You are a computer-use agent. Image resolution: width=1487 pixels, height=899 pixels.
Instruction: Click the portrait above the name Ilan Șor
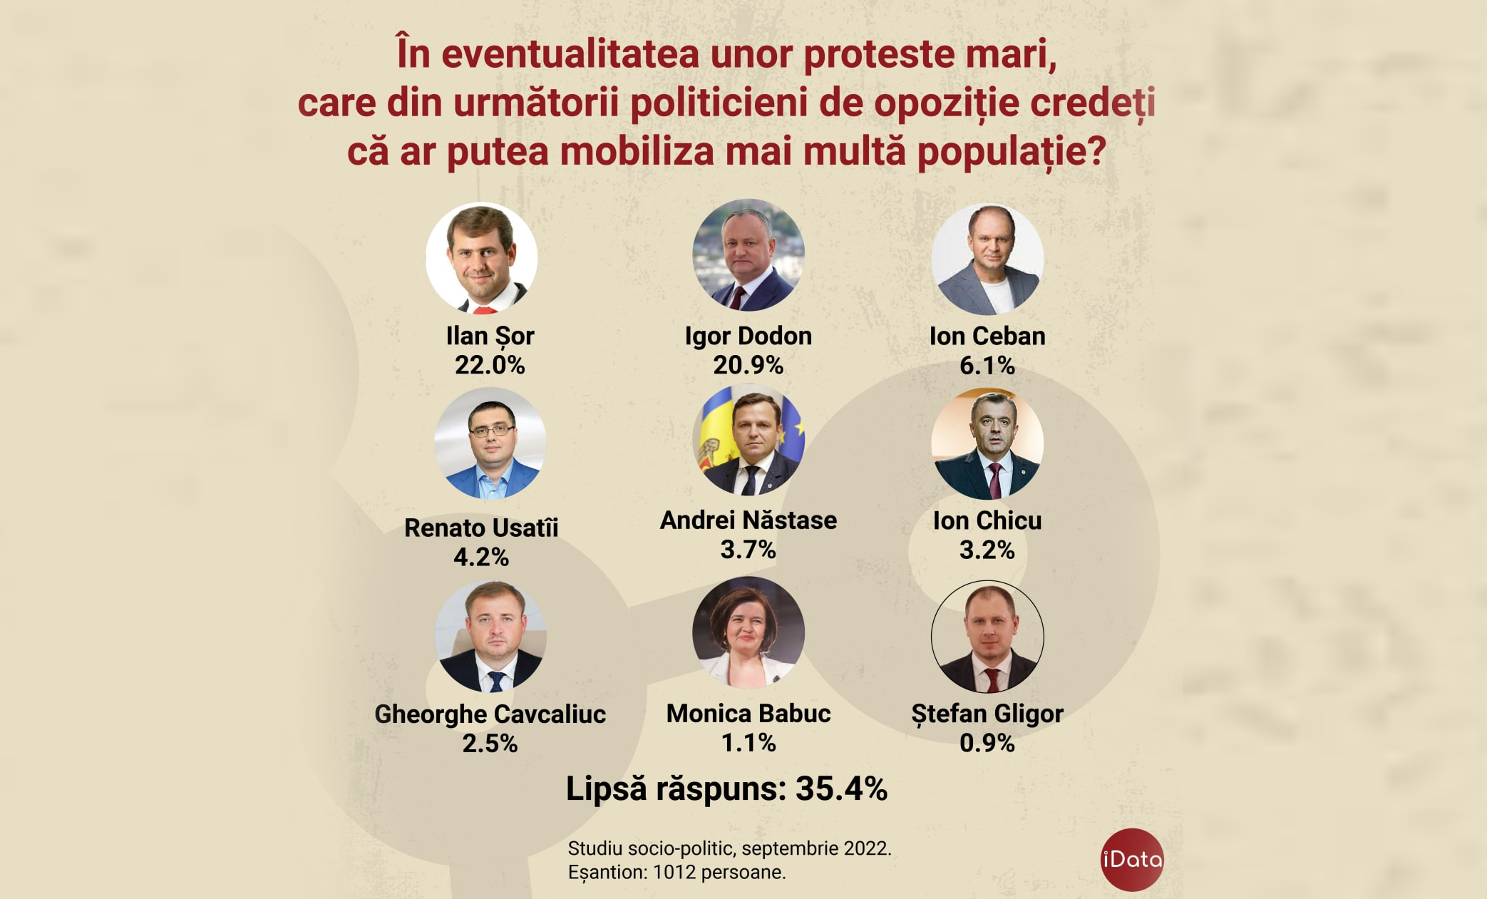pos(481,257)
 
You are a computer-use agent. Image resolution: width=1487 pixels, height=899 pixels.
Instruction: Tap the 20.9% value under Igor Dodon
pos(748,366)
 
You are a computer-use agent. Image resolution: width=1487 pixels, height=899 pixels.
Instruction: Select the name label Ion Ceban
pos(987,336)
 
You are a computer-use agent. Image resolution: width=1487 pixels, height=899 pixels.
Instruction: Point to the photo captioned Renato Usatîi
pos(490,443)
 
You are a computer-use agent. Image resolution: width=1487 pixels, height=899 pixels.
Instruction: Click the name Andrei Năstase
pos(748,520)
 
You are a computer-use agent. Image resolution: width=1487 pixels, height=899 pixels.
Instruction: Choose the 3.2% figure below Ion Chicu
pos(987,550)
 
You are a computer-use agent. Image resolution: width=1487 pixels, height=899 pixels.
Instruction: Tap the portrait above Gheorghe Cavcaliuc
pos(490,636)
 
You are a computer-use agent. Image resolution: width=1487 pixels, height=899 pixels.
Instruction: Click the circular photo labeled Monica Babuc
pos(748,632)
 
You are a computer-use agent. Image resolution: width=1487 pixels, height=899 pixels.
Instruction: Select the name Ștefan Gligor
pos(987,714)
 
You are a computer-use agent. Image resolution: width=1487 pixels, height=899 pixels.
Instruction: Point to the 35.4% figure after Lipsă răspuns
pos(841,789)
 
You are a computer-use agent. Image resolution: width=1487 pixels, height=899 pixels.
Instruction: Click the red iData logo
pos(1131,859)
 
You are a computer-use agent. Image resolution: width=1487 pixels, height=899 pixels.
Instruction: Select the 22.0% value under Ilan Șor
pos(490,366)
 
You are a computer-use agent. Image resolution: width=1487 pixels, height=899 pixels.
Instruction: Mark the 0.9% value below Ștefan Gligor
pos(987,743)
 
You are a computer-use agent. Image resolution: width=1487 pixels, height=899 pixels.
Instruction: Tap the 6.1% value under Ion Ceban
pos(987,366)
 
